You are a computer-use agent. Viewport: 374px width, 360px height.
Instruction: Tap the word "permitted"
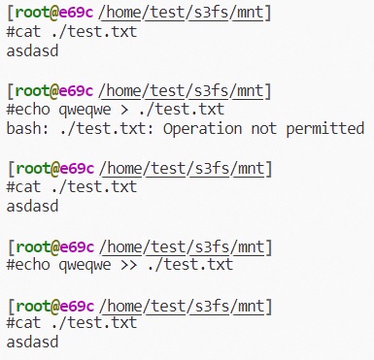coord(323,128)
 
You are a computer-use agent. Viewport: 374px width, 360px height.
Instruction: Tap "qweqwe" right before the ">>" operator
coord(85,264)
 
